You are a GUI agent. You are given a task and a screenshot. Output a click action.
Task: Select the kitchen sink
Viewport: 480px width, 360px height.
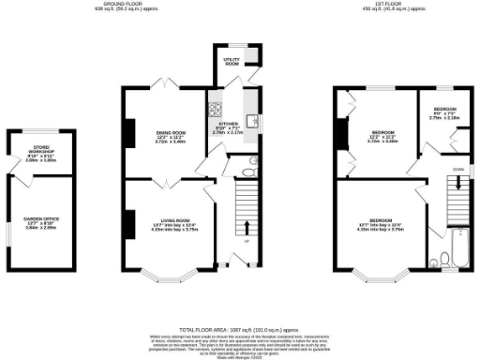tap(251, 119)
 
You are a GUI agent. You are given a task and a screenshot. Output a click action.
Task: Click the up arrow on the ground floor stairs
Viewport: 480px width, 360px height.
tap(247, 228)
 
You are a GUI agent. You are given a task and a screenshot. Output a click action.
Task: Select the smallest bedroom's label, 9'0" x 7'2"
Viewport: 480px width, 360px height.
tap(443, 112)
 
